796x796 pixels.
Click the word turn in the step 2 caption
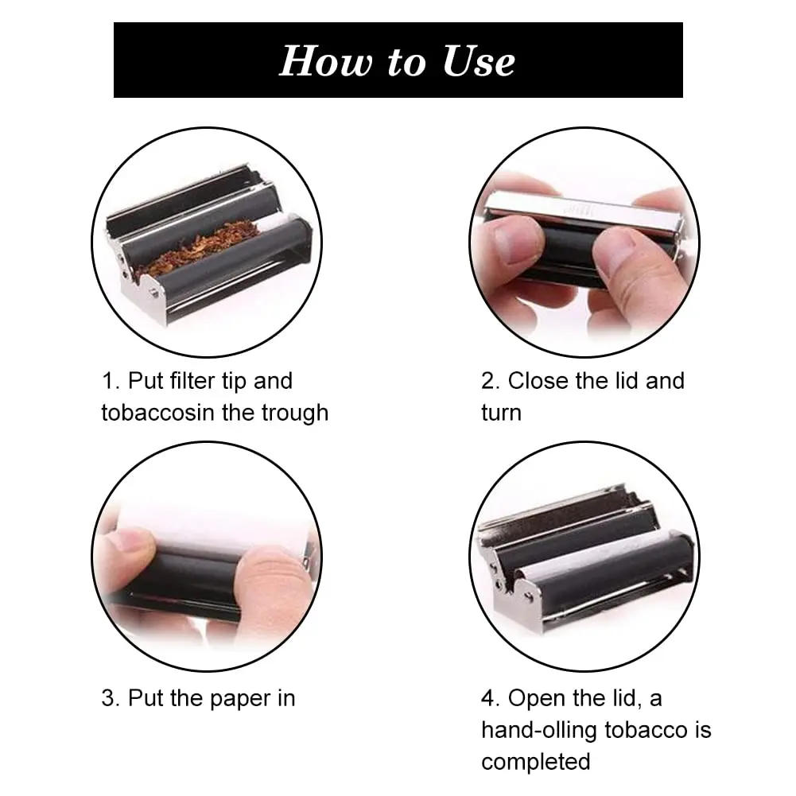(501, 413)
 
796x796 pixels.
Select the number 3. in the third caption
(111, 699)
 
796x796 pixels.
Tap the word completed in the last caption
(535, 762)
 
